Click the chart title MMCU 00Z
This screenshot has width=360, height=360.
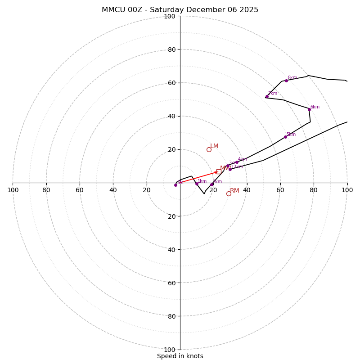tap(180, 10)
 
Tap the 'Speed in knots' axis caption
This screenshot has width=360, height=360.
tap(180, 356)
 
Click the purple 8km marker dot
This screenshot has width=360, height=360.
tap(286, 81)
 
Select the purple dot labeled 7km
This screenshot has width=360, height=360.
tap(267, 96)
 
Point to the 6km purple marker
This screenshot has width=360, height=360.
tap(309, 109)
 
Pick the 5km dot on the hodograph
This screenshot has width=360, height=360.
tap(285, 137)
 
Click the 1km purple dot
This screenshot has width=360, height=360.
tap(197, 184)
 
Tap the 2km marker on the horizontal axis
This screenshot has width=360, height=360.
tap(211, 184)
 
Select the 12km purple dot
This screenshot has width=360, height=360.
tap(230, 169)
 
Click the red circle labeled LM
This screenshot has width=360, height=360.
tap(209, 149)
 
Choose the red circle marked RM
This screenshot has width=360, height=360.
tap(229, 193)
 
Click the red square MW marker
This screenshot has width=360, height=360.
tap(219, 171)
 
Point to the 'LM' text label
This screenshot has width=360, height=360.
tap(214, 146)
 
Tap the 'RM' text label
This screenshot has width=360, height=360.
tap(234, 191)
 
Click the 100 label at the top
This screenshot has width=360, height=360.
tap(170, 16)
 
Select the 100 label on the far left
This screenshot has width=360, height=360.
tap(13, 190)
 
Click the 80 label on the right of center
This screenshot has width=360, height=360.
tap(314, 190)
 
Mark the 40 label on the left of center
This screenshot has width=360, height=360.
tap(113, 190)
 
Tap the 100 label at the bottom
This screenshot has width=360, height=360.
tap(170, 349)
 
